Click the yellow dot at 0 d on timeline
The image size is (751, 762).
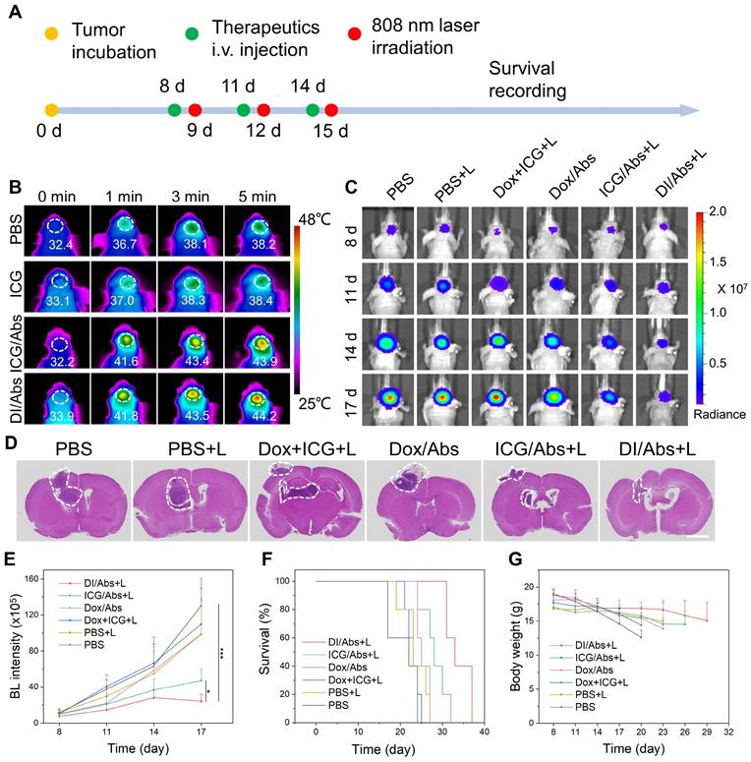[x=51, y=109]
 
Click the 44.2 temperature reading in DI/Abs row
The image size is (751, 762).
[x=255, y=429]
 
